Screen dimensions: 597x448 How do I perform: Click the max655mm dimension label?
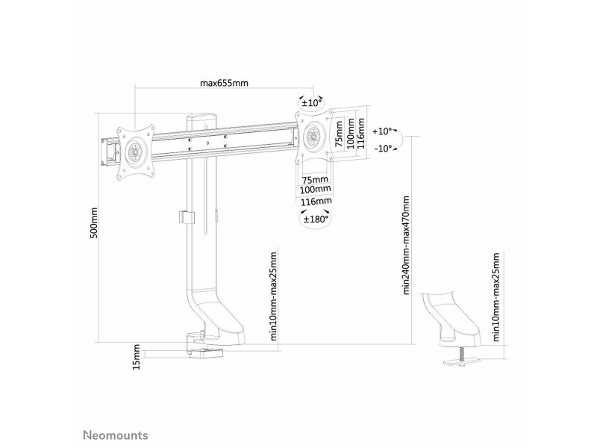click(225, 83)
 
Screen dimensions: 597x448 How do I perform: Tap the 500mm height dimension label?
click(94, 223)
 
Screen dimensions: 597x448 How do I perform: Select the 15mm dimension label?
click(137, 357)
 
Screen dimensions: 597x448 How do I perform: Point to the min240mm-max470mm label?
click(406, 246)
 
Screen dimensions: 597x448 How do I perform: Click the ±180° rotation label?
click(316, 219)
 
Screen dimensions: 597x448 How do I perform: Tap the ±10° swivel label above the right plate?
click(312, 102)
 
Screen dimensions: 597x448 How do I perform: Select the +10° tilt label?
click(382, 131)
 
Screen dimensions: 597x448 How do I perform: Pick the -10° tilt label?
click(383, 148)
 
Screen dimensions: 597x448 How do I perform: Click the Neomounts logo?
click(116, 435)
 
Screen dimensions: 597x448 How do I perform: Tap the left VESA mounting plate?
click(137, 152)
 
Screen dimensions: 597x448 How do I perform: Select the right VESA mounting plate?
click(313, 136)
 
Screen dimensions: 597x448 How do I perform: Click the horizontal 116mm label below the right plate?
click(316, 201)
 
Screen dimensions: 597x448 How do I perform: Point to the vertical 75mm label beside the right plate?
click(339, 133)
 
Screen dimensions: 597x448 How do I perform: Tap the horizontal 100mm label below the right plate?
click(316, 190)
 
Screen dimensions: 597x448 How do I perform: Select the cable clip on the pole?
click(187, 217)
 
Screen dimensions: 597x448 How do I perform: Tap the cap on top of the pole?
click(201, 116)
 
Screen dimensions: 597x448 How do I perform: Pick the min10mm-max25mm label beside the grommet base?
click(496, 296)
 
